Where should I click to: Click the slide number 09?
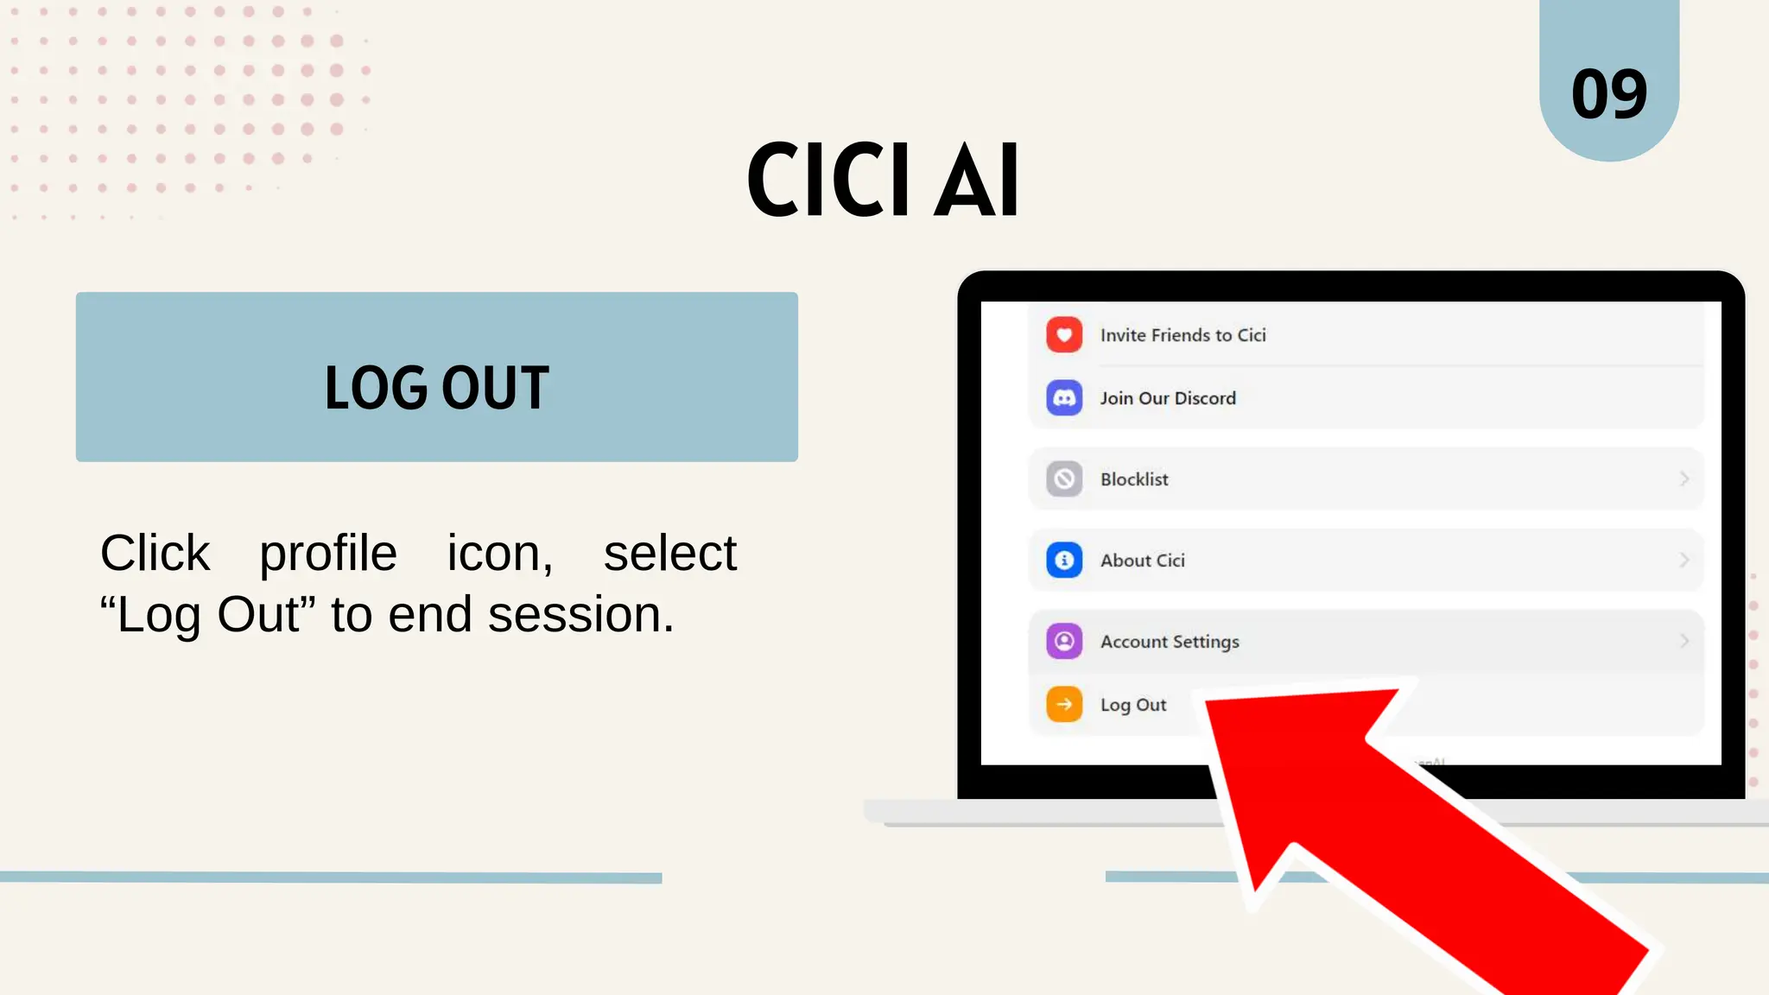(1608, 94)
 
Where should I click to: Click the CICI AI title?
(883, 181)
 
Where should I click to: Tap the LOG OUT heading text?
(437, 387)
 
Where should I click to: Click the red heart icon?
(1064, 335)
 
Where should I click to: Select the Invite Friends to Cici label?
(1183, 335)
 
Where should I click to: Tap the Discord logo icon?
(1064, 398)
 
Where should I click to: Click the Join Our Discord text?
(1167, 398)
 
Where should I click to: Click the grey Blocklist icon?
(1064, 479)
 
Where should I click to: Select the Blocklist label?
(1133, 479)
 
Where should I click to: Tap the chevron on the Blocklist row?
(1683, 479)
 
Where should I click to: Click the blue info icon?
(1064, 561)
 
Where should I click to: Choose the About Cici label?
(1142, 561)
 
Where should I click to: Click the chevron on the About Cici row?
(1683, 561)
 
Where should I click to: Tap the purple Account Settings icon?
(1064, 642)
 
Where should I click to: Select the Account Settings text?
(1170, 642)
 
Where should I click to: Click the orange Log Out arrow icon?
(1064, 705)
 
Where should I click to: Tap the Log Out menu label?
(1132, 705)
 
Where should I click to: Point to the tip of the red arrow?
(1209, 704)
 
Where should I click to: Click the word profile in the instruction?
(328, 553)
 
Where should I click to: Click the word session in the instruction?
(580, 615)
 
